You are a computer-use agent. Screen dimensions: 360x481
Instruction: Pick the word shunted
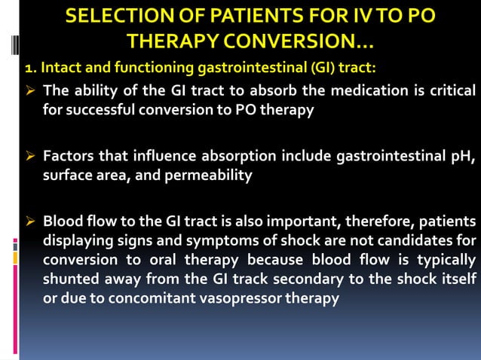coord(73,279)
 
